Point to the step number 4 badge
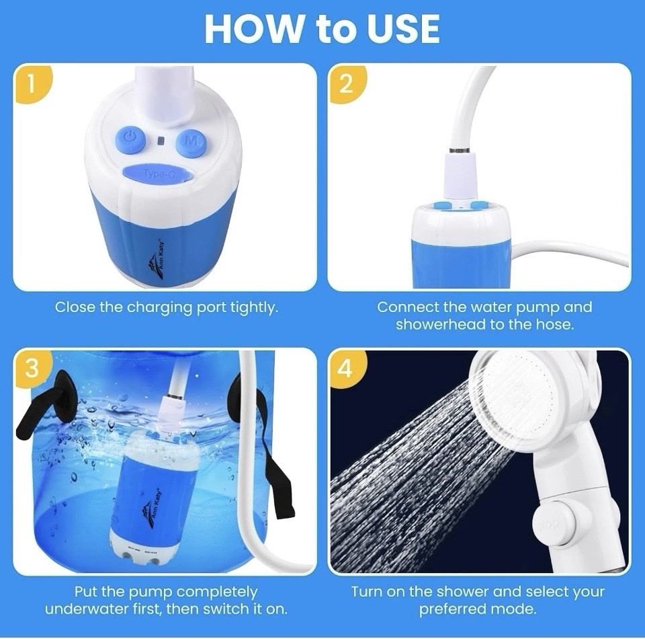tap(347, 368)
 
